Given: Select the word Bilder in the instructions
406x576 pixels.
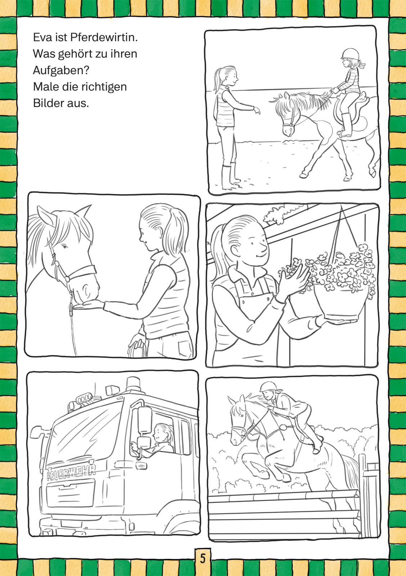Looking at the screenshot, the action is coord(47,103).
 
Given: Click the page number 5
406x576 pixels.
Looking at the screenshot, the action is coord(203,558).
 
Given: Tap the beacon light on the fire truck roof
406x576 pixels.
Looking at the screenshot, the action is coord(134,385).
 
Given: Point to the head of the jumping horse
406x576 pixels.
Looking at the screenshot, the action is coord(238,419).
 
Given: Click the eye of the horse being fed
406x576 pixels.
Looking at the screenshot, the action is coord(64,247).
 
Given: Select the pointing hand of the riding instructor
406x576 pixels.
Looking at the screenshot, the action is coord(256,110).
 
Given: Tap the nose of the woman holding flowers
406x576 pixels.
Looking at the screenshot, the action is coord(263,247).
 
